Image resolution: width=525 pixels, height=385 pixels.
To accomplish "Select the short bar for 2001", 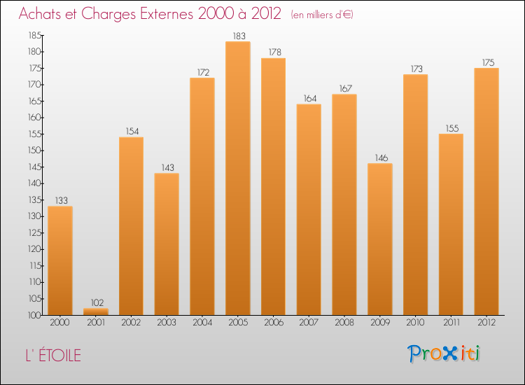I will click(x=95, y=311).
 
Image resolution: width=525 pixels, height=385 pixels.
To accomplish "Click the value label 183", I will click(x=237, y=36).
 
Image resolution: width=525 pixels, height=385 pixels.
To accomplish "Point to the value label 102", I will click(x=96, y=302).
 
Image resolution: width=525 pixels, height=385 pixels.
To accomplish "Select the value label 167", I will click(x=344, y=88).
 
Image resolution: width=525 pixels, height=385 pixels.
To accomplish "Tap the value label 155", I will click(x=450, y=127).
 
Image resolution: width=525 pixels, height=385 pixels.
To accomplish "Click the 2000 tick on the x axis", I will click(x=60, y=323).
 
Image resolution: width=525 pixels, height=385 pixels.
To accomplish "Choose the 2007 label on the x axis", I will click(x=309, y=323).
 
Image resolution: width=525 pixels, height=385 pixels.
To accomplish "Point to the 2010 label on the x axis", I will click(x=415, y=323).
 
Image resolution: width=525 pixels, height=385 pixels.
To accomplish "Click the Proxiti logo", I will click(x=444, y=353).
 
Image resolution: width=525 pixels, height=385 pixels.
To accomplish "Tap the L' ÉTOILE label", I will click(x=50, y=356).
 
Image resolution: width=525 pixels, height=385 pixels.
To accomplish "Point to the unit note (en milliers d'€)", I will click(x=322, y=15).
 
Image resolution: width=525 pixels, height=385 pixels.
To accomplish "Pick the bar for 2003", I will click(x=167, y=244).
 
